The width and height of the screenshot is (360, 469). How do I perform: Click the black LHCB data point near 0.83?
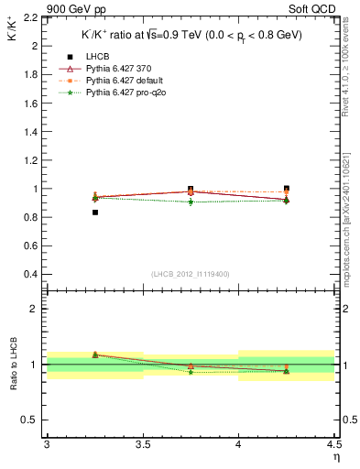coord(94,213)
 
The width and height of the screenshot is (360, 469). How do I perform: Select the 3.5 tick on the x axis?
coord(142,444)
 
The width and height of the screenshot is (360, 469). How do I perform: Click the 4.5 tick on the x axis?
coord(333,444)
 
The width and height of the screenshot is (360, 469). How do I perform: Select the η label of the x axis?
coord(335,456)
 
